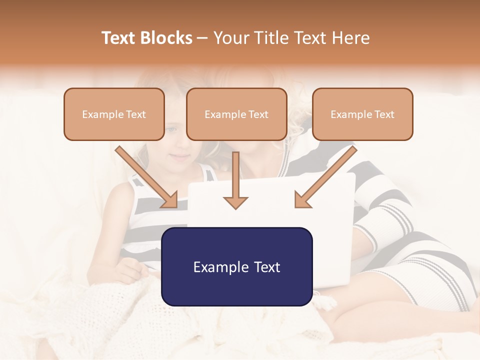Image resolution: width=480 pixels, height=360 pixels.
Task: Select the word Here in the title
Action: (351, 38)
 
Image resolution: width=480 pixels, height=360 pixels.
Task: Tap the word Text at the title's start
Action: (119, 38)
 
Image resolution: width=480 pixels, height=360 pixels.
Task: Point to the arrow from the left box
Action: (146, 177)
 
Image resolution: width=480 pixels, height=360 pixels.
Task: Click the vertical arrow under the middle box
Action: (235, 177)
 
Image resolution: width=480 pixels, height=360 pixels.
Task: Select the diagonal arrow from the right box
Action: (326, 177)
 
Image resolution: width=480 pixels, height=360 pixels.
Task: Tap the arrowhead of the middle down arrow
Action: (235, 202)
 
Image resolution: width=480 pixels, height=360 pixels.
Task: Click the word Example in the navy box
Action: (218, 267)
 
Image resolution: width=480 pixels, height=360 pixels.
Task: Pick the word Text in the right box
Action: (384, 114)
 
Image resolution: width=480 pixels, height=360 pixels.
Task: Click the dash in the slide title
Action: (202, 38)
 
